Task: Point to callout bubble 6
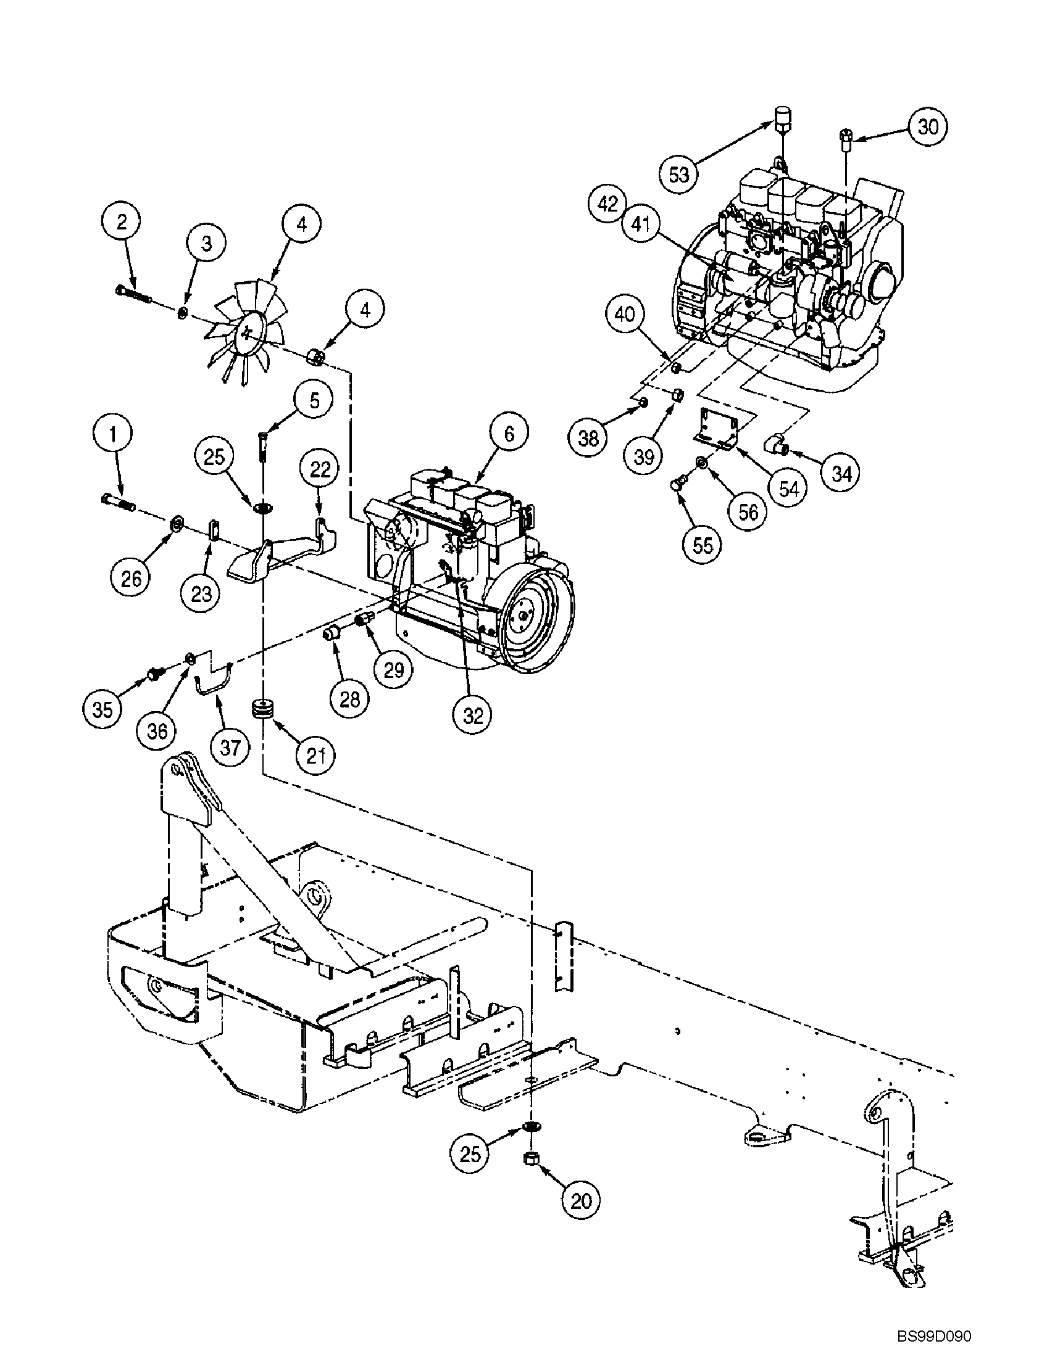tap(509, 433)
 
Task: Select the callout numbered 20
tap(582, 1200)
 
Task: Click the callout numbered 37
tap(230, 747)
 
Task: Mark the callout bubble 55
tap(702, 545)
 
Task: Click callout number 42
tap(609, 204)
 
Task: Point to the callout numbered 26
tap(131, 579)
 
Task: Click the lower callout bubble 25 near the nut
tap(470, 1154)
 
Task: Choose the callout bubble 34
tap(841, 474)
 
